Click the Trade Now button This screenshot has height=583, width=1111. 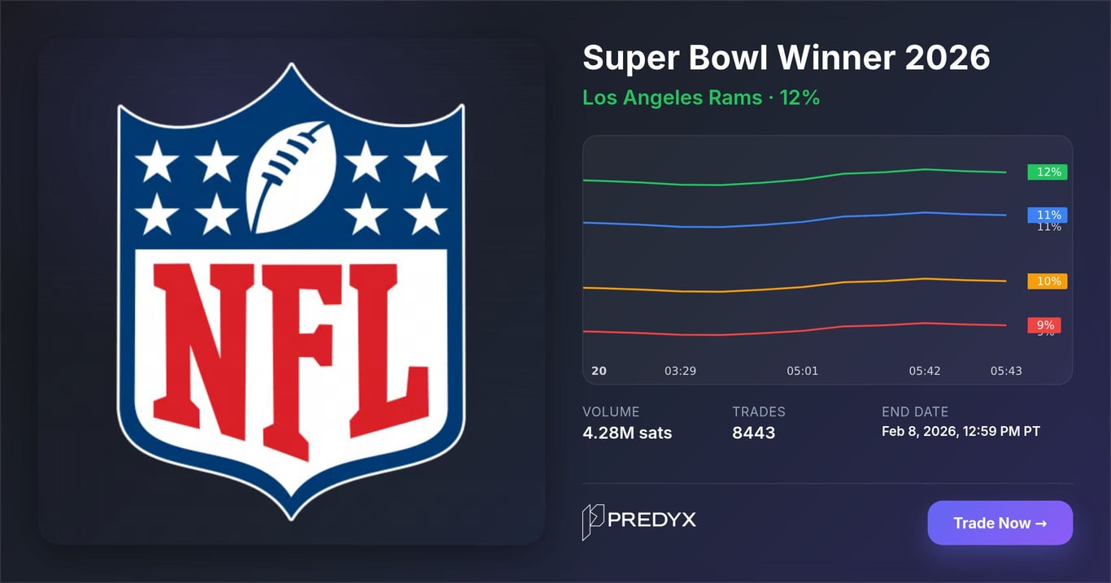[x=1000, y=523]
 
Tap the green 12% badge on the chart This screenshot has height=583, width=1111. [x=1048, y=172]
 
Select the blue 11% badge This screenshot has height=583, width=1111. [x=1048, y=215]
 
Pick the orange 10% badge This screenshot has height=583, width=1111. [x=1048, y=281]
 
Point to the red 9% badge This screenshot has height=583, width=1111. [x=1044, y=325]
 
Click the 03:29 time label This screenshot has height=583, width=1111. [x=680, y=371]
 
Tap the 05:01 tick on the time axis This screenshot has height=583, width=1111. [x=802, y=371]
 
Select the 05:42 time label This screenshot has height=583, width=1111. [x=924, y=371]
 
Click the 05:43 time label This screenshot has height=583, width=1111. [x=1005, y=371]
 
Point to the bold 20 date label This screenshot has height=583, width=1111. [x=599, y=371]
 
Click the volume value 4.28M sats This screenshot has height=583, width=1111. [x=627, y=433]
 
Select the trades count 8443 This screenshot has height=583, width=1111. [x=753, y=433]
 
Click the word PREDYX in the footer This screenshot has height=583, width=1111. [x=652, y=520]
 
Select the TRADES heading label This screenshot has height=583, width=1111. [x=759, y=411]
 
